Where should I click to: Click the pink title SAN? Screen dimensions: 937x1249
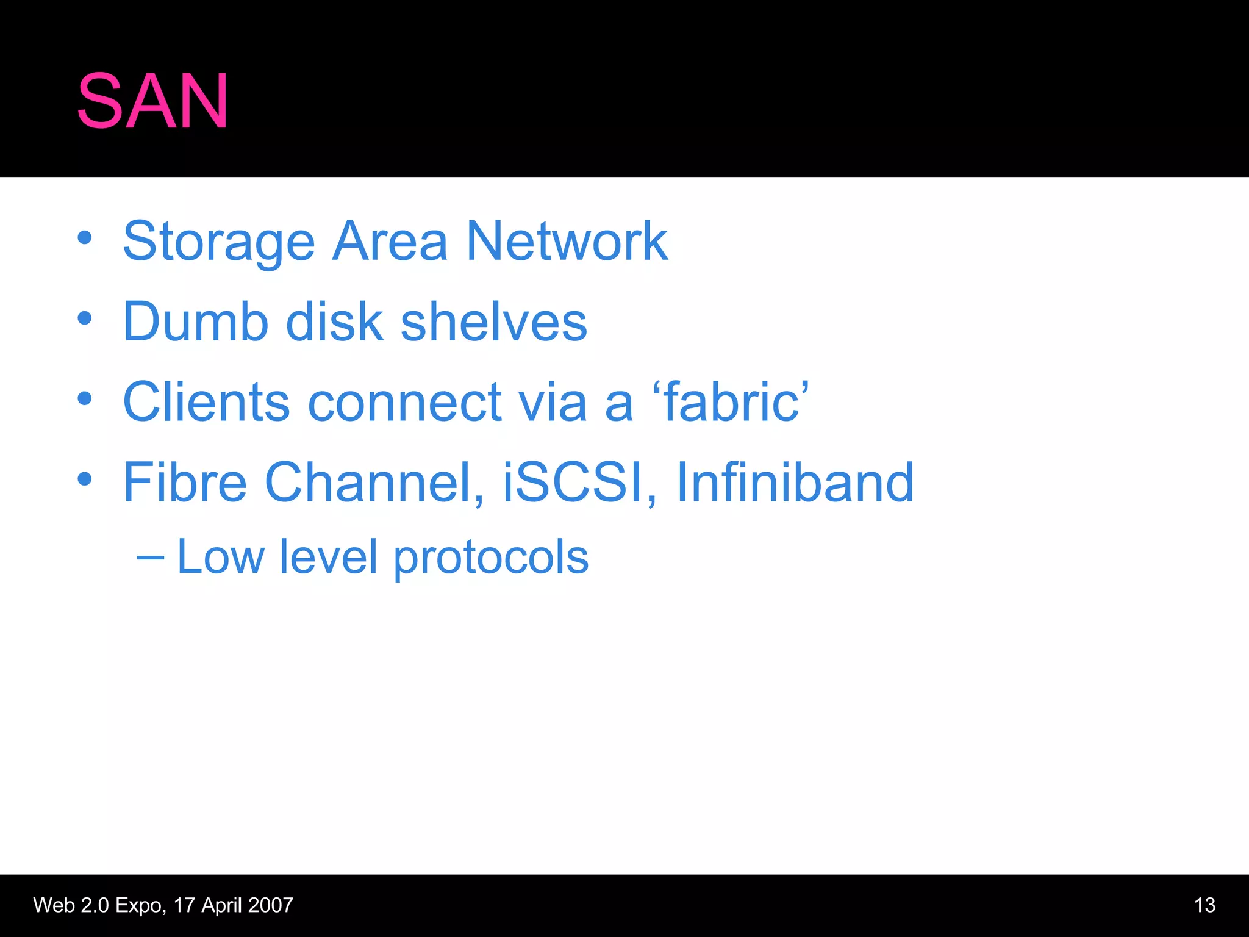152,101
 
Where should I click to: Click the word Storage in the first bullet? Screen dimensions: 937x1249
219,242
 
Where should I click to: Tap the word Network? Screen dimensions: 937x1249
567,242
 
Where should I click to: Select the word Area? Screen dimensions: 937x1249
390,242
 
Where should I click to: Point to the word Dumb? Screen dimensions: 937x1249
196,321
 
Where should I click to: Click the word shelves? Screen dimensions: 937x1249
493,321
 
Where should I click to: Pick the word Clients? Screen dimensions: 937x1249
206,402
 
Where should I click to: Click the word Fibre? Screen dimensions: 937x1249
185,483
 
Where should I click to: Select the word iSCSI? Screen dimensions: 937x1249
573,483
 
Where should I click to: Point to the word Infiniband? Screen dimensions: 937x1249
795,483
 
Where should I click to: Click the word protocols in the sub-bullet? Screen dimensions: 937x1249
491,558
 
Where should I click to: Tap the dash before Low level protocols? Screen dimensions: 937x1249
150,557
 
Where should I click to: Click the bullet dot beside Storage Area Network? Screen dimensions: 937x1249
85,239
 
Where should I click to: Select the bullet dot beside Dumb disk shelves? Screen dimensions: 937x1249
85,318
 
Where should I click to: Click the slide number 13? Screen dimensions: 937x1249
1204,905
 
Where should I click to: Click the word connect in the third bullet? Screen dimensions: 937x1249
404,402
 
